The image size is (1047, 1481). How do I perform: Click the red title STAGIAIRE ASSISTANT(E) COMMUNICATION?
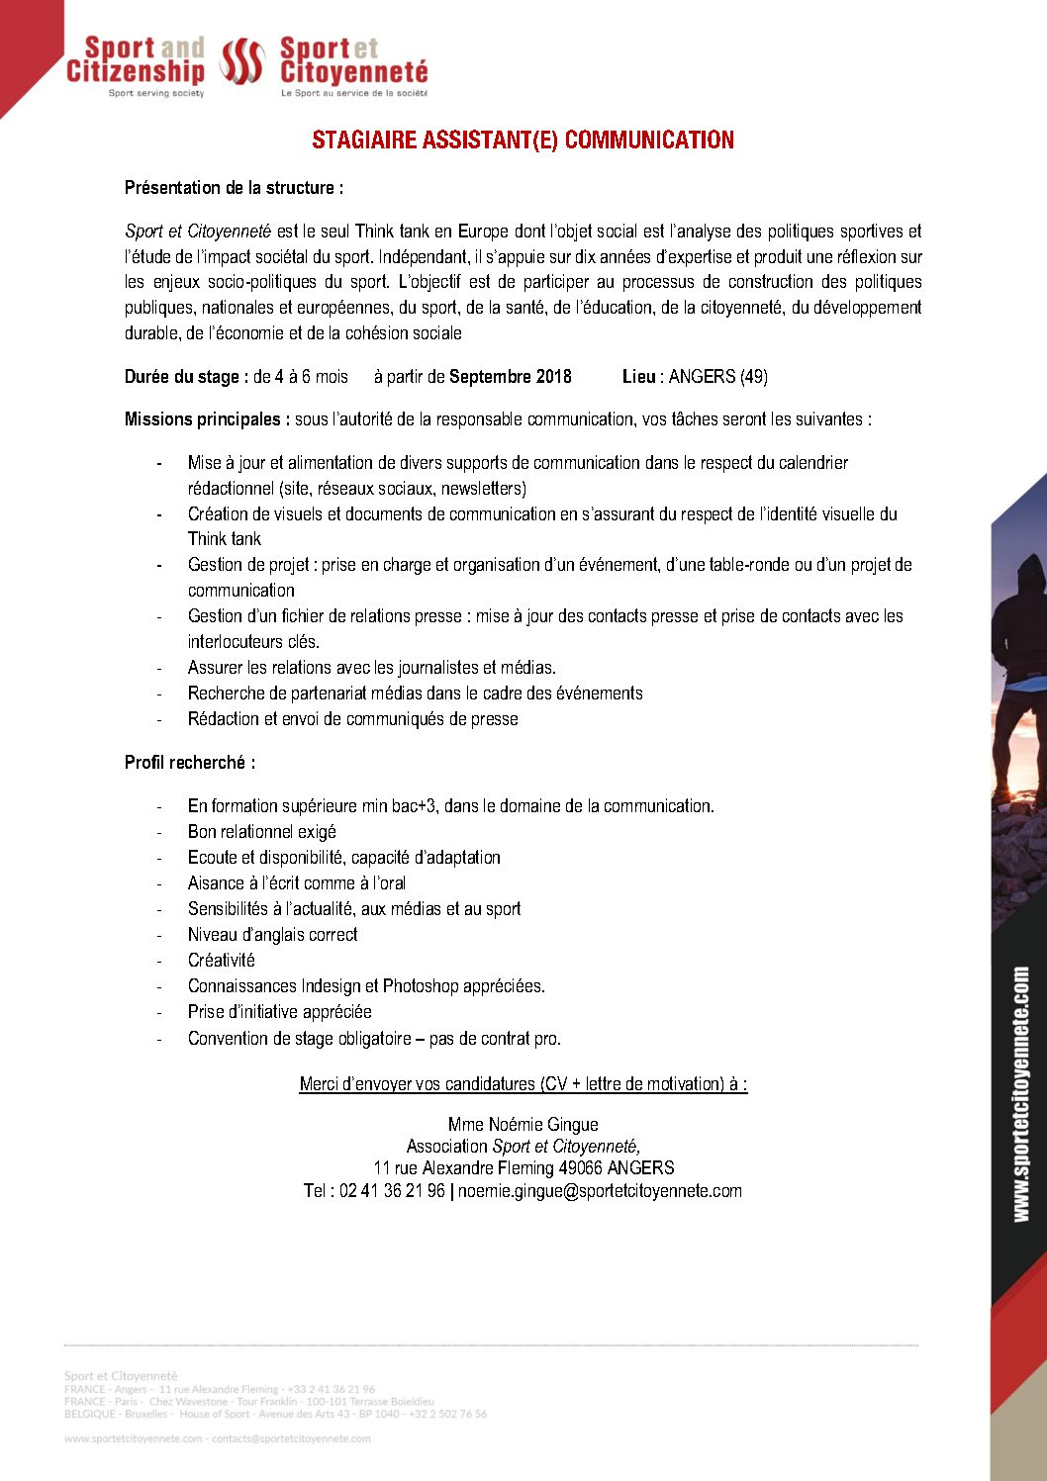click(x=523, y=139)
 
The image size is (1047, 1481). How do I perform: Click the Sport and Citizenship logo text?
click(x=137, y=61)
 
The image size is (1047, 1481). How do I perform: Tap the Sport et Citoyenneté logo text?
click(x=353, y=61)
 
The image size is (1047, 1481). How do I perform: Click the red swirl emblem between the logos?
click(x=241, y=62)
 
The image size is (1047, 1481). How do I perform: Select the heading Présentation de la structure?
click(x=234, y=188)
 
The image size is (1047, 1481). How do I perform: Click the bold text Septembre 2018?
click(x=511, y=377)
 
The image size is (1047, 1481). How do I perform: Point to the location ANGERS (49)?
click(x=717, y=377)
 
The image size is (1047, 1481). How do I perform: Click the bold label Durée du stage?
click(x=185, y=377)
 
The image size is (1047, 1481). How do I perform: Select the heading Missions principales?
click(x=207, y=419)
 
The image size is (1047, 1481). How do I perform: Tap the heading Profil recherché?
click(x=189, y=763)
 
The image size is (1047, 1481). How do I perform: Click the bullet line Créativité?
click(x=222, y=961)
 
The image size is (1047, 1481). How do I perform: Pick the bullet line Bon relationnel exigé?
click(x=262, y=832)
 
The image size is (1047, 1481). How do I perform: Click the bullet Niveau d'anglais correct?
click(x=273, y=935)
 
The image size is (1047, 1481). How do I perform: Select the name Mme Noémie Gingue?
click(x=523, y=1125)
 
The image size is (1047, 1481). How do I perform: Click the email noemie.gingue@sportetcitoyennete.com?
click(x=600, y=1191)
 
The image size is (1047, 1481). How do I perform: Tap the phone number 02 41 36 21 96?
click(x=392, y=1191)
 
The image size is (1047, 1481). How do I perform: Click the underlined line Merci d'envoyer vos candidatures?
click(x=523, y=1084)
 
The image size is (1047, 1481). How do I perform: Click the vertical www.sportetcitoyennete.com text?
click(x=1020, y=1094)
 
